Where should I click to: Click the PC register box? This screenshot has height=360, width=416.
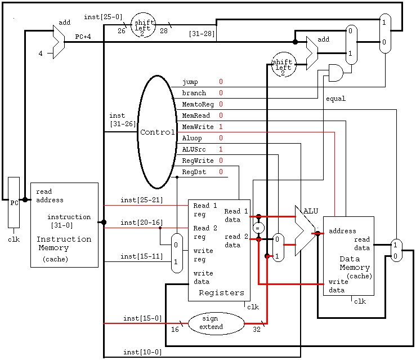tap(14, 203)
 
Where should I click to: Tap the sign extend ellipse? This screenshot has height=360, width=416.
tap(216, 323)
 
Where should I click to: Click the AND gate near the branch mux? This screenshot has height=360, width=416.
tap(336, 73)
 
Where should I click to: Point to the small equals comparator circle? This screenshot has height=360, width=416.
tap(258, 228)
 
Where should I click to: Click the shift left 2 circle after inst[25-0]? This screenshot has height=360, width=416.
tap(144, 25)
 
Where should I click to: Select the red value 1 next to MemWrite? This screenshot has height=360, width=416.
tap(221, 127)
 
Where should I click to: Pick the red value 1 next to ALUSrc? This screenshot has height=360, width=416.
tap(221, 149)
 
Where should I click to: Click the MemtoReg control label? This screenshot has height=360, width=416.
tap(198, 104)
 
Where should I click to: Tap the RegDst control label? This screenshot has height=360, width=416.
tap(194, 172)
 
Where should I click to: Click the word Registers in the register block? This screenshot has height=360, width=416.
tap(222, 292)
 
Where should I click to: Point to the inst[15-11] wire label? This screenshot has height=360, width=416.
tap(142, 256)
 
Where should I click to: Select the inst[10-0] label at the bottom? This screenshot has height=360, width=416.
tap(142, 352)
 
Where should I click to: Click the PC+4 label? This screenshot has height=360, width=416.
tap(83, 37)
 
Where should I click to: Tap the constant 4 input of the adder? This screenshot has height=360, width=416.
tap(41, 54)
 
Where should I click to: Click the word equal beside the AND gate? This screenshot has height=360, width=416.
tap(336, 99)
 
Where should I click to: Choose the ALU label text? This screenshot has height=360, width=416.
tap(311, 211)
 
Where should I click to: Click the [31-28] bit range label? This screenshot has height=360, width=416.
tap(202, 34)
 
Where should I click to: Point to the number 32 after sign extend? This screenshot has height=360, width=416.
tap(257, 330)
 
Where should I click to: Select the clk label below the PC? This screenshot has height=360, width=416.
tap(14, 239)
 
